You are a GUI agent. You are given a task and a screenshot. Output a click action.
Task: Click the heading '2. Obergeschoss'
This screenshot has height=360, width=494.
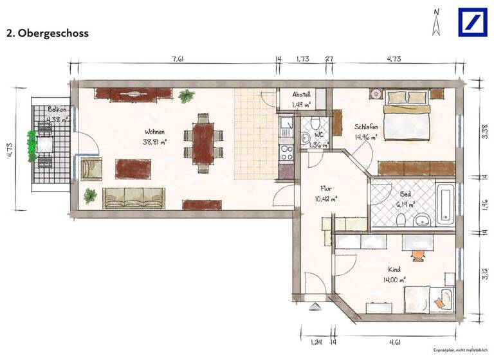point(47,33)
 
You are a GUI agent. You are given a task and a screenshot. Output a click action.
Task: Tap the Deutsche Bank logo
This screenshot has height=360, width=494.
point(473,22)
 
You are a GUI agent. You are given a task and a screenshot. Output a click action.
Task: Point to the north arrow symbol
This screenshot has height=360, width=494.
point(437,22)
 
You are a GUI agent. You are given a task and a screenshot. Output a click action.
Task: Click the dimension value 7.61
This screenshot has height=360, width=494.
point(178,59)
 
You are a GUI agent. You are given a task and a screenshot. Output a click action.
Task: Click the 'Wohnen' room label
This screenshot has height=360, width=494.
point(155,132)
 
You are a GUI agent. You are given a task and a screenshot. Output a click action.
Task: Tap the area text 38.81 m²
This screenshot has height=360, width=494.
point(155,143)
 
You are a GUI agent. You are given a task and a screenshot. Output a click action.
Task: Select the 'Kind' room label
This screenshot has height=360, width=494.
point(394,269)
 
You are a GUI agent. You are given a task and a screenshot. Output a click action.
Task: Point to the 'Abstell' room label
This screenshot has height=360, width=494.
point(301,93)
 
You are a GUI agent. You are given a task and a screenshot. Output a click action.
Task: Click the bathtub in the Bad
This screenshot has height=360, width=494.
point(445,204)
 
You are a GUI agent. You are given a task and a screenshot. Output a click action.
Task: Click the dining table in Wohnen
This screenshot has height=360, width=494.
point(205,142)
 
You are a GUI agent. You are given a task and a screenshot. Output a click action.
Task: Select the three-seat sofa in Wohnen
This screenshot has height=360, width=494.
point(134,198)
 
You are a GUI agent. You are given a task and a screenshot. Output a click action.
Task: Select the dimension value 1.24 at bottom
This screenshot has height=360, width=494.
point(315,342)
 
